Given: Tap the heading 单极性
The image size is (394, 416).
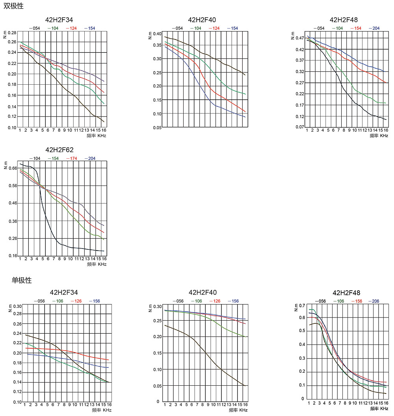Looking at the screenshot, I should (21, 280).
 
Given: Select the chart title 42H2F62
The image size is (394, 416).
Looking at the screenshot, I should (59, 150).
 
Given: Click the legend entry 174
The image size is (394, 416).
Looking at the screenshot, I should (73, 158).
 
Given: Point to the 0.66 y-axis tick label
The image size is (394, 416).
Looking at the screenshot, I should (13, 168).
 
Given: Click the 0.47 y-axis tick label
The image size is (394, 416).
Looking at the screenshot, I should (300, 38).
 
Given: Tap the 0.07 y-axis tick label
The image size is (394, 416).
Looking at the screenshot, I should (300, 127).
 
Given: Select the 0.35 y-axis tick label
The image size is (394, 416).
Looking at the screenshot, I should (157, 45).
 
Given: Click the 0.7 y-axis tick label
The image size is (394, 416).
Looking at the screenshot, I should (303, 306).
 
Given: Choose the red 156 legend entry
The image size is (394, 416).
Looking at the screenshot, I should (357, 301).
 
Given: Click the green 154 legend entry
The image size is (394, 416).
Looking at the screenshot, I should (54, 158).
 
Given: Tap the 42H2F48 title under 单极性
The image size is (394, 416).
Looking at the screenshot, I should (346, 293).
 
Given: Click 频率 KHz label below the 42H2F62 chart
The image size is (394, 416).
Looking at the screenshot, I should (97, 264).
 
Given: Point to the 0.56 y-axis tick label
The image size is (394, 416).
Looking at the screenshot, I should (13, 186).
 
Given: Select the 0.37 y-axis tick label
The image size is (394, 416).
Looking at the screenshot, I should (300, 60).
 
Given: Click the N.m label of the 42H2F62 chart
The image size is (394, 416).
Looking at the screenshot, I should (5, 164).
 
